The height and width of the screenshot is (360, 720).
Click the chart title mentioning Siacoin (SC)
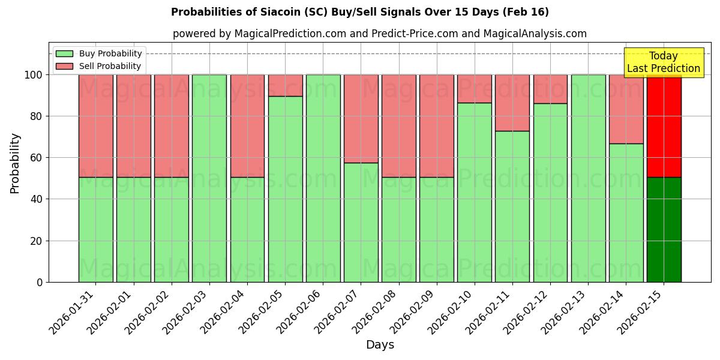point(359,12)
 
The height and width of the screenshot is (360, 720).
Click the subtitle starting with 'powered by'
point(379,34)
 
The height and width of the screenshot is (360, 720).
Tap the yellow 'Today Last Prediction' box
point(663,62)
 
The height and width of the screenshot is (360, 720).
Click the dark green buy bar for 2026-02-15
point(664,229)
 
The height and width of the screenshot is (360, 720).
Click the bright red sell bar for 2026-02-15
point(664,126)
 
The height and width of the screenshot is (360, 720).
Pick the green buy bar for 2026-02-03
point(209,178)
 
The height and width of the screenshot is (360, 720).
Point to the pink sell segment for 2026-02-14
point(626,109)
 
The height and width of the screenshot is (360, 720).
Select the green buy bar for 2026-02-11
point(512,206)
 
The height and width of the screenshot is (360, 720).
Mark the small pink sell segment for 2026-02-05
point(285,85)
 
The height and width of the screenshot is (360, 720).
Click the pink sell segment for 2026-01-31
point(95,126)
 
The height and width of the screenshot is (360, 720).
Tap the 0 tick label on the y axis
point(39,282)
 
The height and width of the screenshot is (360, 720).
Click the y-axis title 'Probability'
point(15,163)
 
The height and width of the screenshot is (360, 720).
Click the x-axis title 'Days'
point(379,345)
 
